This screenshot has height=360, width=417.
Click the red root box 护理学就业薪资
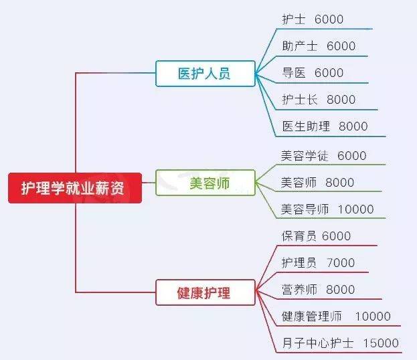click(x=75, y=188)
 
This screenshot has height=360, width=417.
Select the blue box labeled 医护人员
click(x=205, y=74)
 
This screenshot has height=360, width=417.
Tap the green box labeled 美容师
click(x=205, y=183)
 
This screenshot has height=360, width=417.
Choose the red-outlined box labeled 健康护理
click(x=205, y=292)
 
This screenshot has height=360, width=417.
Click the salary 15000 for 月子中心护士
click(x=381, y=343)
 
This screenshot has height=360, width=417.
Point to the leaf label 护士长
click(x=300, y=100)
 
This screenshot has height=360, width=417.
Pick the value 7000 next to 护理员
click(x=341, y=263)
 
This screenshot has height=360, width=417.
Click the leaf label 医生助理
click(x=306, y=126)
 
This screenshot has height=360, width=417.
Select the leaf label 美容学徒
click(x=305, y=155)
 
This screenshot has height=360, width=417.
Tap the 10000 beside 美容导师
click(x=356, y=209)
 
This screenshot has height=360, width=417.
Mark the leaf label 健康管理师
click(x=312, y=316)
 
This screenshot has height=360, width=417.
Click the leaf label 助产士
click(x=300, y=46)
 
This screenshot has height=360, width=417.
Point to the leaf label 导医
click(x=294, y=72)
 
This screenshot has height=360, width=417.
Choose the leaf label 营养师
click(x=299, y=289)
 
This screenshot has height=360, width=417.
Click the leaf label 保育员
click(x=299, y=236)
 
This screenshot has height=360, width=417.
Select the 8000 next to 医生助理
click(x=353, y=126)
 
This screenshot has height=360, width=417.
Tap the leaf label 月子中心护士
click(x=318, y=343)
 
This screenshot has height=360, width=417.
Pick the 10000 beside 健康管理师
click(x=373, y=317)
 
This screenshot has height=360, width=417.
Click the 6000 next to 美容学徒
click(x=352, y=155)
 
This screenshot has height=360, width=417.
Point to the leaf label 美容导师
click(x=305, y=209)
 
